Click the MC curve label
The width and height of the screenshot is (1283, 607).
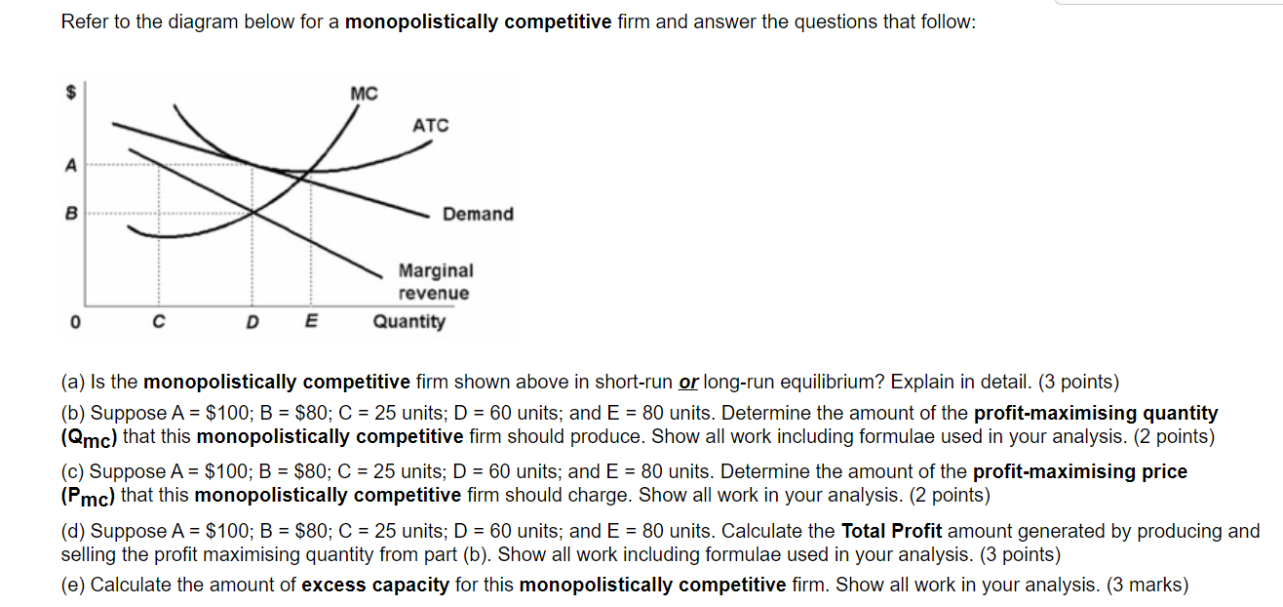click(x=363, y=94)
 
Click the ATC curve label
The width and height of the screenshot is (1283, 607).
click(x=431, y=125)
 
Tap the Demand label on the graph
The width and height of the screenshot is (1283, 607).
click(x=478, y=214)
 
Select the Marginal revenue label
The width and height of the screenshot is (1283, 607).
click(x=435, y=281)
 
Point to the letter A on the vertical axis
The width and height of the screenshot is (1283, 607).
click(x=69, y=166)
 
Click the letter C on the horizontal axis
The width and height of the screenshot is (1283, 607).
click(x=158, y=321)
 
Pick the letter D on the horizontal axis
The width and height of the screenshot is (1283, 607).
click(x=253, y=321)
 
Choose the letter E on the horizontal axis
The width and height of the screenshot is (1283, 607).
click(x=311, y=321)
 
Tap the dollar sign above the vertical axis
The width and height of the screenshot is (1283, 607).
click(x=70, y=93)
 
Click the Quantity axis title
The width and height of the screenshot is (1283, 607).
click(x=408, y=321)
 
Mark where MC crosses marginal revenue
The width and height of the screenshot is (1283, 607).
click(x=253, y=212)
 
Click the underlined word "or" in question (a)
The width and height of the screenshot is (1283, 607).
click(x=688, y=382)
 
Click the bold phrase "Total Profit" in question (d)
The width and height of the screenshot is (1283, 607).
click(x=891, y=532)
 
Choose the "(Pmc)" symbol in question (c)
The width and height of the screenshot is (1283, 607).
click(x=88, y=496)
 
